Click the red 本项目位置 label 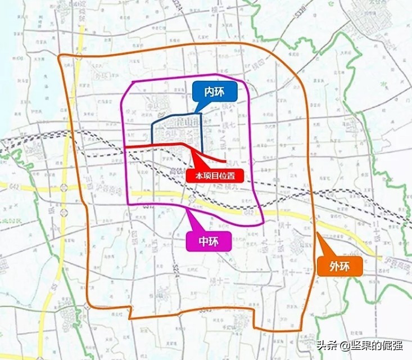tap(215, 175)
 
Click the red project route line tap(157, 146)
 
